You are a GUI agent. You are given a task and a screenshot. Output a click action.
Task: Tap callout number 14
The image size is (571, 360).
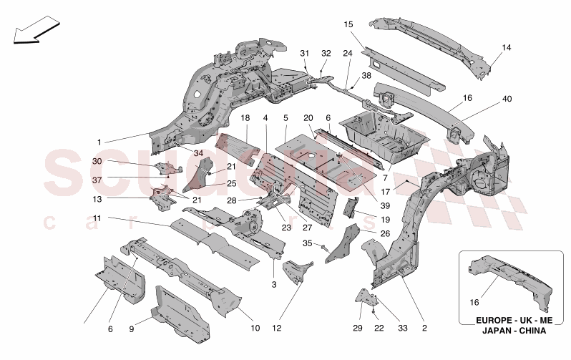pos(506,48)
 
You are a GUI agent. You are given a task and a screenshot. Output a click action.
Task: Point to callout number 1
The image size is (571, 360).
pos(99,142)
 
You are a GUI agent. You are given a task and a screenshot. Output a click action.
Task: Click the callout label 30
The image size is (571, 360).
pos(97,162)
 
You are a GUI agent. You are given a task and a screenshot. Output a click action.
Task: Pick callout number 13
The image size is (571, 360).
pos(97,200)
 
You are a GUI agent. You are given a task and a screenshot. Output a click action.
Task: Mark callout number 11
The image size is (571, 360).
pos(97,218)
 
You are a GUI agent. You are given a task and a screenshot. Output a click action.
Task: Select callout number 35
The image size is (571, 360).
pos(308,243)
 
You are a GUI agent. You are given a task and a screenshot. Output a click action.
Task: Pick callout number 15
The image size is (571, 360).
pos(349,24)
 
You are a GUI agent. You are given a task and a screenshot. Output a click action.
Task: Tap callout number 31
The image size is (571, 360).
pos(303,54)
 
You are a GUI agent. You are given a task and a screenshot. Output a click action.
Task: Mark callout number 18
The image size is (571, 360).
pos(245,118)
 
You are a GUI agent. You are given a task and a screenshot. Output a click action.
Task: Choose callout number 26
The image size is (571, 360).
pos(384,233)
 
